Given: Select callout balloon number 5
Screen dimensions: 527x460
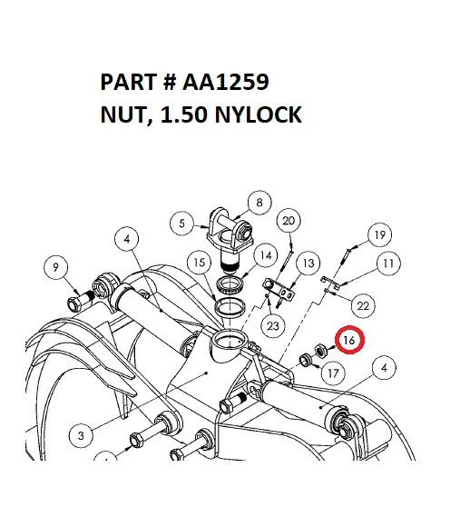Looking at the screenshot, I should (x=183, y=221).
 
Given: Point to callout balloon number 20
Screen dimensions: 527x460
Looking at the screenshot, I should (x=289, y=221).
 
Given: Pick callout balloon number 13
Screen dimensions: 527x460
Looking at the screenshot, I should (x=309, y=263).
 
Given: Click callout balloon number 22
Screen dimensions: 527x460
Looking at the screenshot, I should (x=362, y=305).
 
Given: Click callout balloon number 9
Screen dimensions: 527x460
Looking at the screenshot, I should (x=56, y=267).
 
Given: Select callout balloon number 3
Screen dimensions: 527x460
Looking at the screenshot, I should (x=81, y=436).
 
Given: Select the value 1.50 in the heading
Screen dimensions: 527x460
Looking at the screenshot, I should (x=175, y=115).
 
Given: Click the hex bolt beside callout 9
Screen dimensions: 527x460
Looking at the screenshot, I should (x=74, y=301).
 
